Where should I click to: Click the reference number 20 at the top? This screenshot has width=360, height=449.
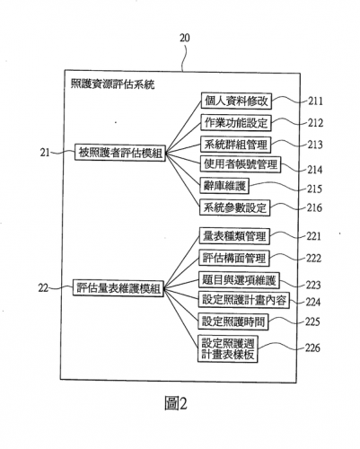tap(184, 38)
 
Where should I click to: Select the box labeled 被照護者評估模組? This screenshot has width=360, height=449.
tap(120, 153)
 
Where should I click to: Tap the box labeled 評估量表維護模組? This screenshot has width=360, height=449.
tap(119, 288)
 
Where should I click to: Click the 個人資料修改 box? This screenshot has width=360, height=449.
tap(236, 101)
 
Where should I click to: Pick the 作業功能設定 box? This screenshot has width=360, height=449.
tap(236, 123)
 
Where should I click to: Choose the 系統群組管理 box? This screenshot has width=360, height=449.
tap(235, 145)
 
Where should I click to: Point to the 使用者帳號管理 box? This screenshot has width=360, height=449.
tap(241, 164)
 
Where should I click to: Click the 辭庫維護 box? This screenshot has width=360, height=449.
tap(224, 186)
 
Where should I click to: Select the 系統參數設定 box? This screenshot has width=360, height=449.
tap(234, 207)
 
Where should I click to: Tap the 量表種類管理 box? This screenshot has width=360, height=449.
tap(234, 236)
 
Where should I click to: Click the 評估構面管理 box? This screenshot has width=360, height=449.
tap(234, 258)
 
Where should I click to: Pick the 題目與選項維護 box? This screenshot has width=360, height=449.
tap(239, 280)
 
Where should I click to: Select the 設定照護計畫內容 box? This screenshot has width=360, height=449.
tap(244, 300)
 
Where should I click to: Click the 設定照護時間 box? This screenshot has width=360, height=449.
tap(233, 321)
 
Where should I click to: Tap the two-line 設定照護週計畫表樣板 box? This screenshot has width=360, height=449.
tap(228, 348)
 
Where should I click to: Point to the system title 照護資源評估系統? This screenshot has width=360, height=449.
tap(112, 84)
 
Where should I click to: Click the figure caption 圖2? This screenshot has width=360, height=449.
tap(176, 403)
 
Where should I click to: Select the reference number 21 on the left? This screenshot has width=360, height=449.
tap(45, 153)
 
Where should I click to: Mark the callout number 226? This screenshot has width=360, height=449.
tap(312, 348)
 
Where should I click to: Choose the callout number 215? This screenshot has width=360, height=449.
tap(314, 189)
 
